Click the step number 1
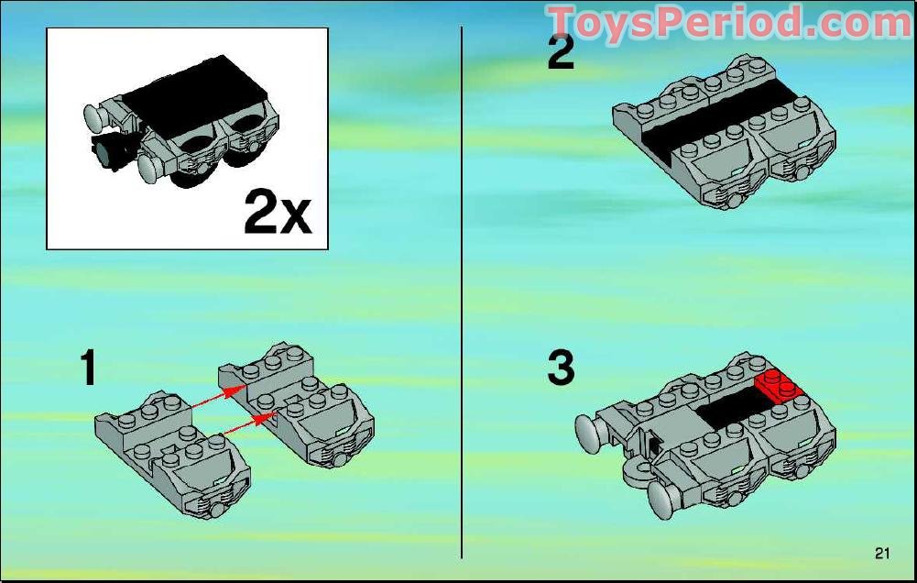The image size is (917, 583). click(88, 368)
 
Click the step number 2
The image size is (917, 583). click(560, 52)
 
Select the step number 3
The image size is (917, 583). click(560, 368)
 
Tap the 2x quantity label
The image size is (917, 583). click(278, 214)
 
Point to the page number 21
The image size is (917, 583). click(882, 552)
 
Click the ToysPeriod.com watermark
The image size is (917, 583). click(728, 22)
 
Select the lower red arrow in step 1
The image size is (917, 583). click(247, 423)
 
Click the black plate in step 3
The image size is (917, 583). click(728, 409)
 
